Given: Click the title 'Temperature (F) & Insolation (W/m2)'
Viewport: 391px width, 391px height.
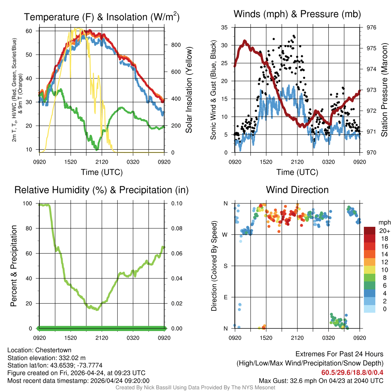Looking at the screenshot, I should pos(102,17).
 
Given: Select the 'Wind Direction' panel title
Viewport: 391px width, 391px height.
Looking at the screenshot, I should pos(297,190).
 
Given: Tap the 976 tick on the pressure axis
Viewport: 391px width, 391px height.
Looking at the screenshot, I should pos(371,27).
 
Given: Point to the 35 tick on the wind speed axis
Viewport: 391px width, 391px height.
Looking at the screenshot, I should pos(224,27).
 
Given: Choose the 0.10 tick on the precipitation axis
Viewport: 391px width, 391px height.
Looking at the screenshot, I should pos(176,204).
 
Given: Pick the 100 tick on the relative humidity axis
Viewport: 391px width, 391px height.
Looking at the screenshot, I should pos(29,204).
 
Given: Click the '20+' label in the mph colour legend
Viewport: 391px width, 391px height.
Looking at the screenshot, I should pos(384,231).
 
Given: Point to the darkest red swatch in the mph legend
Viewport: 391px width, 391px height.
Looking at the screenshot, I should pos(370,230).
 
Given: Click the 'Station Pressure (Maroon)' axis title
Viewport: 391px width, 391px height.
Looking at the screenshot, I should pos(385,90).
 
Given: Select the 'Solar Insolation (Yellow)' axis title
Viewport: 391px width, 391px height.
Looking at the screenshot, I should pos(189,90).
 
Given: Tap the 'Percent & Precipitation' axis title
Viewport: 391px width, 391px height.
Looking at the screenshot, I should pos(14,266).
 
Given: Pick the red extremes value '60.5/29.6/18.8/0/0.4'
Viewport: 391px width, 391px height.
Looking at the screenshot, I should pos(352,372).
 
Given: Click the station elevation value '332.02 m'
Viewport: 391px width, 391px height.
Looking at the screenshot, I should pos(74,358).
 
